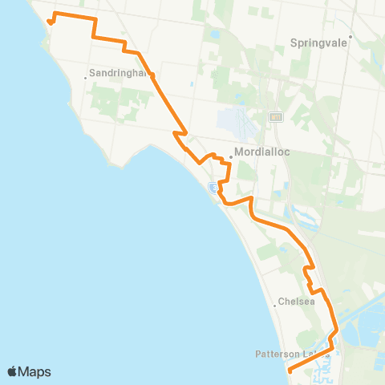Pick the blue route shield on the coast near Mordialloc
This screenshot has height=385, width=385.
213,188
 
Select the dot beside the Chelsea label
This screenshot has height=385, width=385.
274,303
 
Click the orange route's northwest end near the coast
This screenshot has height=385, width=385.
49,22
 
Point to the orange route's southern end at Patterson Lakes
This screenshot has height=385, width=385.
289,370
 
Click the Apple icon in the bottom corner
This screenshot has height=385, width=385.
13,371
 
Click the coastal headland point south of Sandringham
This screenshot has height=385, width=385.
120,166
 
